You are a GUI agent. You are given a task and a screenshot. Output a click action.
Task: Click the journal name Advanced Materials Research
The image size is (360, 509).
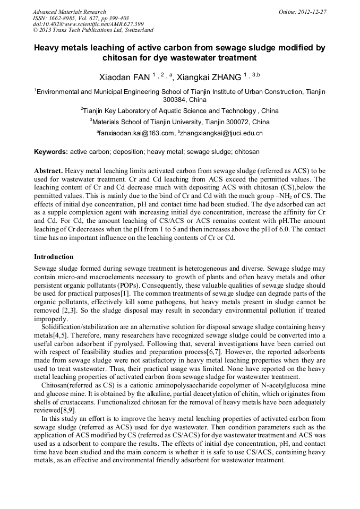pyautogui.click(x=69, y=12)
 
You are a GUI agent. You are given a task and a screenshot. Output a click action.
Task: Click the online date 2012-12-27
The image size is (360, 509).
pyautogui.click(x=313, y=12)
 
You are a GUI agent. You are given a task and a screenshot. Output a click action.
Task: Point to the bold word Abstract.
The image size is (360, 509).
pyautogui.click(x=49, y=171)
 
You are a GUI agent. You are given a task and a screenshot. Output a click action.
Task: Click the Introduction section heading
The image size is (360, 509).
pyautogui.click(x=54, y=257)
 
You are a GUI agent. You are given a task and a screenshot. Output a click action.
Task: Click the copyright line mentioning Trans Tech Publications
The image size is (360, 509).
pyautogui.click(x=93, y=31)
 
